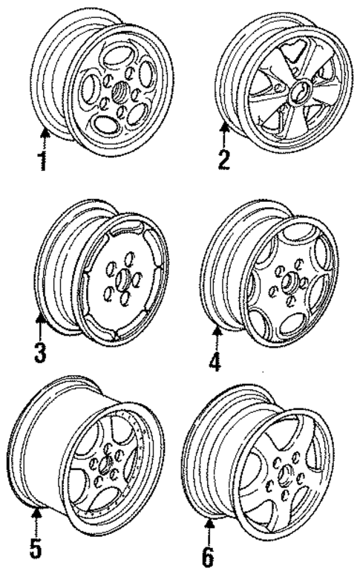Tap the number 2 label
tap(224, 159)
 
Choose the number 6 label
tap(209, 554)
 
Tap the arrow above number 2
tap(224, 134)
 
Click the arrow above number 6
tap(209, 528)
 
